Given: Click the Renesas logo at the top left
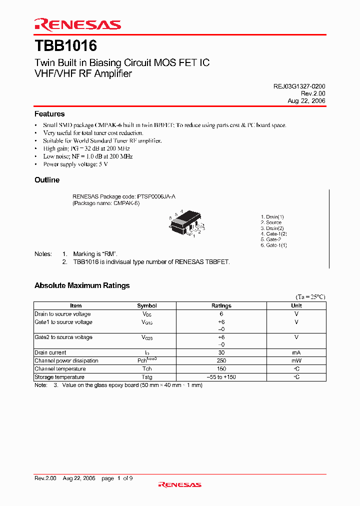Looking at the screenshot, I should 77,24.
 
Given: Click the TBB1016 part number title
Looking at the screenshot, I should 65,46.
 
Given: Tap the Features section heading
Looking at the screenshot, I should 49,114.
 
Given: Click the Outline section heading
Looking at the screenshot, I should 47,180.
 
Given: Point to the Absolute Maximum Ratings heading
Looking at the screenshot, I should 82,285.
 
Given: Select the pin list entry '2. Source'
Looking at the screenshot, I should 271,222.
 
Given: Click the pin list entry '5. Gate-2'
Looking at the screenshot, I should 270,239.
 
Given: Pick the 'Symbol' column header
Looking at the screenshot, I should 147,305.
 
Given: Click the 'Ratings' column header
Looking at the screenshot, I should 221,305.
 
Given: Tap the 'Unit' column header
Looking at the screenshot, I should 296,305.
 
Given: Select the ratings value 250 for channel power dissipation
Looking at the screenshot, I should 221,360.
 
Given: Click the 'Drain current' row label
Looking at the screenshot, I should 50,352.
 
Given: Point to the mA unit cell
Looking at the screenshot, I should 296,352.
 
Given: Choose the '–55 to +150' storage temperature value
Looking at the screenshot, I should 221,377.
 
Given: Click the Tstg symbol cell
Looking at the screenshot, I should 147,377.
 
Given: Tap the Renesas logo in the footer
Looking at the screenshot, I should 179,484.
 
